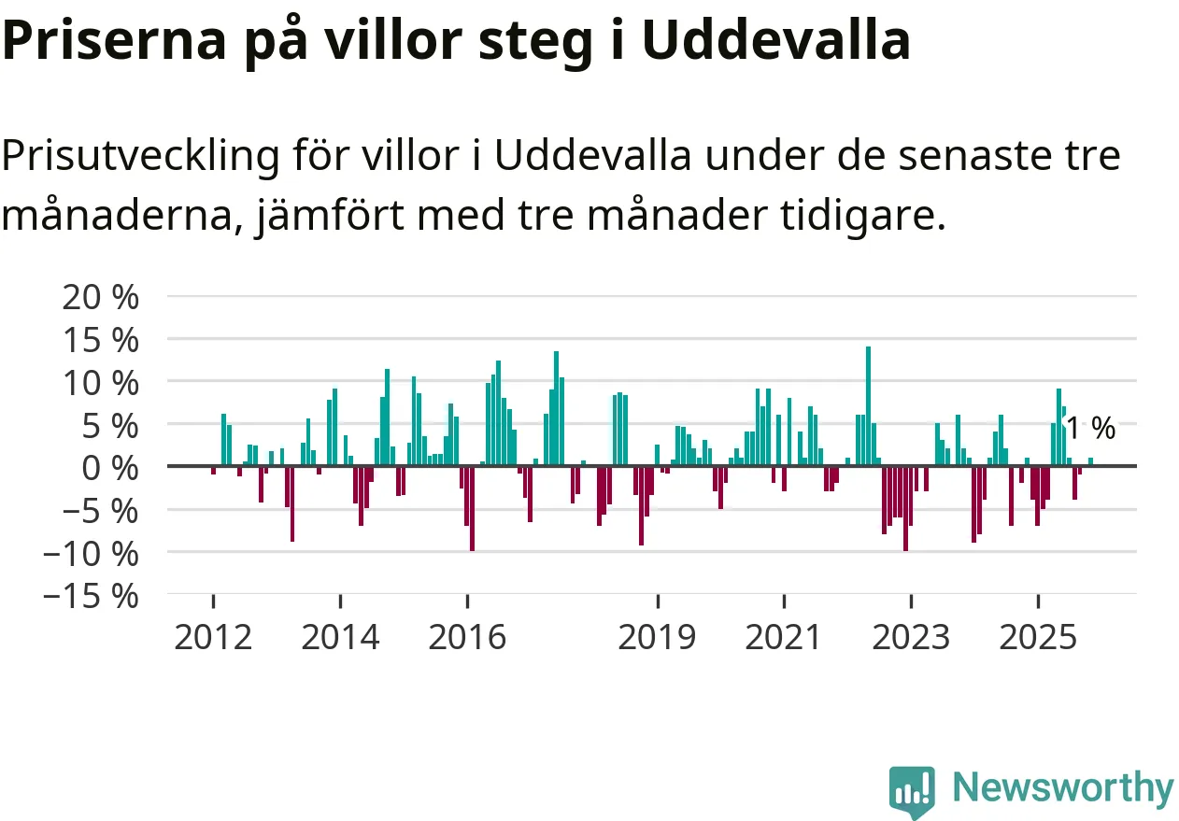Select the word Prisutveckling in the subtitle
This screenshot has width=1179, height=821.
(x=140, y=156)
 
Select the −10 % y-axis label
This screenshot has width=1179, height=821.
(x=90, y=553)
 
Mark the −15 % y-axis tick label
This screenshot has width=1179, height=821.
(x=90, y=596)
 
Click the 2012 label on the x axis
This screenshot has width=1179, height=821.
(x=213, y=638)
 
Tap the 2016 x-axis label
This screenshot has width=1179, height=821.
(x=468, y=638)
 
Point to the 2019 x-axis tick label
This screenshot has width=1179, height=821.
(x=658, y=638)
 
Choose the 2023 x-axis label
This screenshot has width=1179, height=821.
(x=911, y=638)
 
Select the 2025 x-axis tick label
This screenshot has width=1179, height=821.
(x=1037, y=638)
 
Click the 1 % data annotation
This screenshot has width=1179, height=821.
(x=1090, y=429)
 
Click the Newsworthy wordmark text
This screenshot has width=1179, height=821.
(x=1063, y=788)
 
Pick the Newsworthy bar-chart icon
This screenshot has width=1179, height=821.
(x=912, y=791)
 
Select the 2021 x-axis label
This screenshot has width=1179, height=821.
(x=784, y=638)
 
